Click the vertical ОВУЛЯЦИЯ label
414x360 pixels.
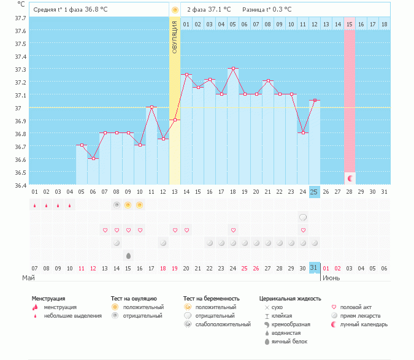point(175,37)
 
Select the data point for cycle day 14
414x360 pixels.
point(186,74)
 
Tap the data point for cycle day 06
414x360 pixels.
point(93,158)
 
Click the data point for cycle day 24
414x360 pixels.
point(302,132)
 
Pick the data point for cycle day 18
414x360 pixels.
point(233,69)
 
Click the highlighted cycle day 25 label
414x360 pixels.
point(314,192)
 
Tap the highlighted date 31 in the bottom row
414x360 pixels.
point(314,268)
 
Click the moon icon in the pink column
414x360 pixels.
point(350,178)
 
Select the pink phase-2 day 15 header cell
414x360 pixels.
point(350,24)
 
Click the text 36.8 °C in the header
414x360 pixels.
point(96,10)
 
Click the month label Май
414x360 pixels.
point(28,278)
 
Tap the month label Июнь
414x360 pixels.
point(332,278)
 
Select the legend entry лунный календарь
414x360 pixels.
point(364,324)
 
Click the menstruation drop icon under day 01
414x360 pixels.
point(34,205)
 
